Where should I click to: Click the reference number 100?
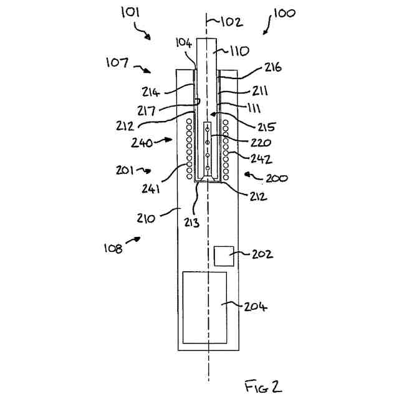point(284,13)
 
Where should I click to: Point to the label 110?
point(239,50)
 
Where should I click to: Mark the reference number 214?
point(151,92)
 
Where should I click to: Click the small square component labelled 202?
point(224,256)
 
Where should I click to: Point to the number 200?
point(277,178)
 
